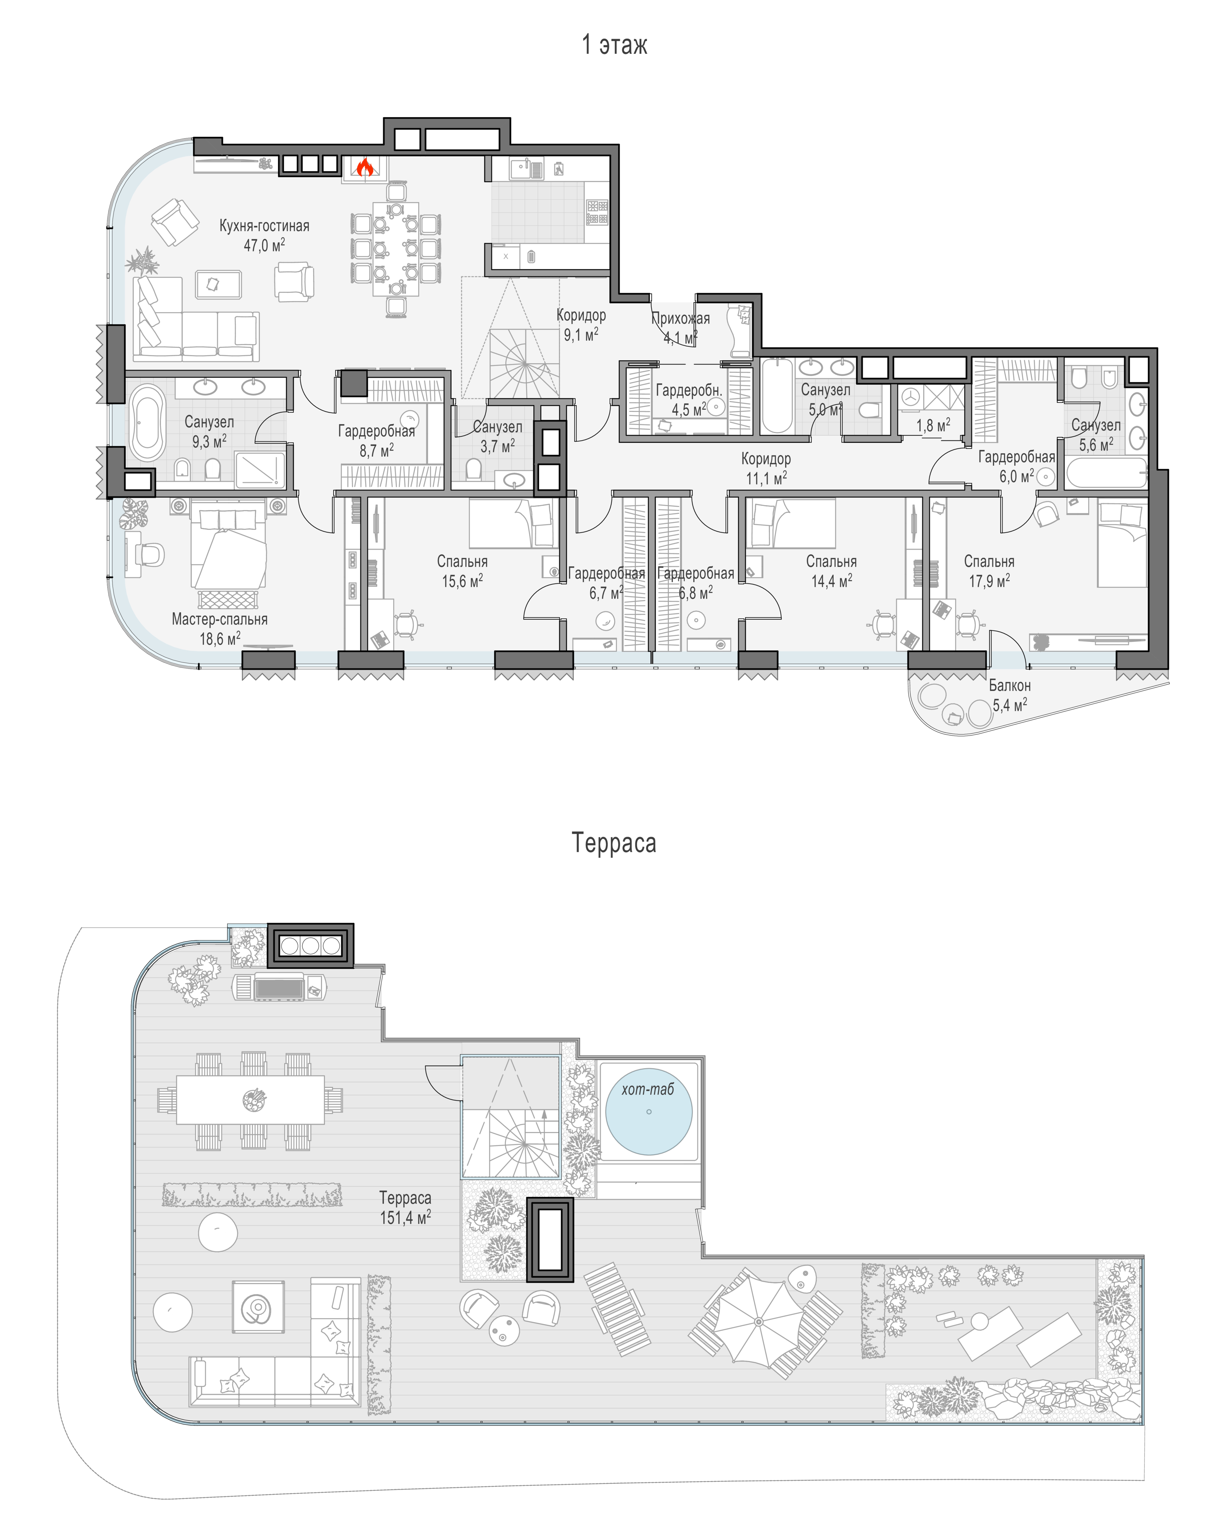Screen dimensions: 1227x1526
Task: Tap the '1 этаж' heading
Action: (614, 45)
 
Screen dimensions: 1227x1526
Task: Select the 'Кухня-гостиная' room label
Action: (264, 226)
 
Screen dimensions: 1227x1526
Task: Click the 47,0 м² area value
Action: (264, 245)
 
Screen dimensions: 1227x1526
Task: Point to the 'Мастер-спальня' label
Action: (219, 619)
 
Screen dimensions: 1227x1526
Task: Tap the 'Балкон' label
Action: (1010, 685)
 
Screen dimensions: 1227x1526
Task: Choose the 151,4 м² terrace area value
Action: (405, 1217)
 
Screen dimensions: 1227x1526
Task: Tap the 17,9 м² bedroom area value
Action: (989, 580)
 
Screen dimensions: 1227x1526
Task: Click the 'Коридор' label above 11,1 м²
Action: (766, 459)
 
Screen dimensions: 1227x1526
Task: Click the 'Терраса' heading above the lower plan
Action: (614, 843)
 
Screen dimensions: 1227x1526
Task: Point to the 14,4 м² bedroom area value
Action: (831, 580)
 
